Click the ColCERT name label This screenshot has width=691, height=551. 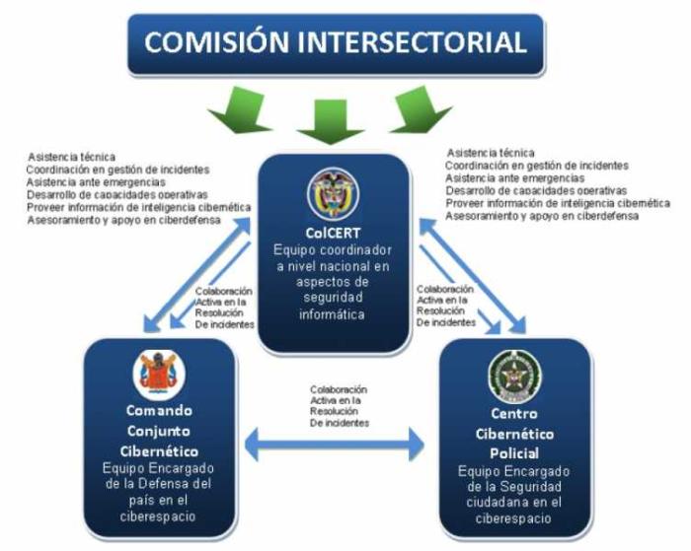[x=334, y=235]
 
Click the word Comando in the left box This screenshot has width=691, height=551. [x=159, y=410]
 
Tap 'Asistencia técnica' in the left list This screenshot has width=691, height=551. [x=71, y=157]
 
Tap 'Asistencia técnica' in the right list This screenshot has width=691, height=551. [x=491, y=154]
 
